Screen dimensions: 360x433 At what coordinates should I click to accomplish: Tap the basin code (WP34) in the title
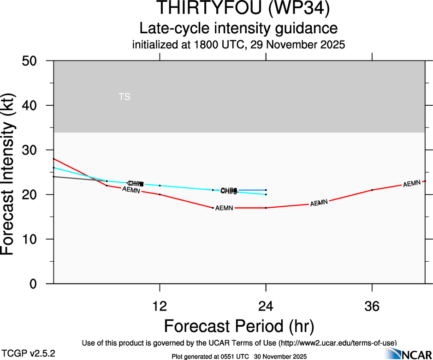[298, 8]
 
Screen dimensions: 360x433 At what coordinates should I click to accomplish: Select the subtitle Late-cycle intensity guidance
[238, 28]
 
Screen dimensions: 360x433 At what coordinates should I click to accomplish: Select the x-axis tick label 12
[160, 306]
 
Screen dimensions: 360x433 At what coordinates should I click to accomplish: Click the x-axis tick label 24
[266, 306]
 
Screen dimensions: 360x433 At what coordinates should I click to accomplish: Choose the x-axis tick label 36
[372, 306]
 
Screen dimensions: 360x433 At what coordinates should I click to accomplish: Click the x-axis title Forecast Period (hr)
[239, 326]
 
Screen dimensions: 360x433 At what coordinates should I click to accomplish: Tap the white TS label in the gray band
[125, 97]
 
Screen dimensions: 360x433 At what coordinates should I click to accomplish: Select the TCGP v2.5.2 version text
[27, 353]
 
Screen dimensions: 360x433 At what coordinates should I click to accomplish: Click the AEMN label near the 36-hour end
[412, 184]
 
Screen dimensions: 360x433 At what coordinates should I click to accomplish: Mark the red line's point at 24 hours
[266, 208]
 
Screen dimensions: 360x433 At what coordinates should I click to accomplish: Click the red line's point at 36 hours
[372, 190]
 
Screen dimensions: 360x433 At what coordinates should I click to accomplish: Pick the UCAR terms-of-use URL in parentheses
[337, 343]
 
